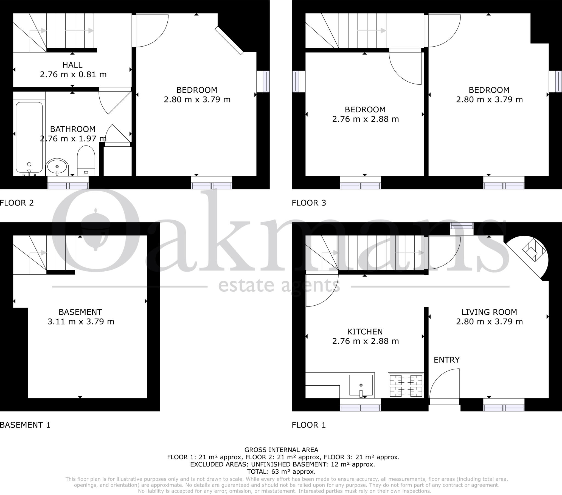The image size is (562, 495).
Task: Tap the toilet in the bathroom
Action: [86, 161]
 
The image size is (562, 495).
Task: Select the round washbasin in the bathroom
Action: [57, 167]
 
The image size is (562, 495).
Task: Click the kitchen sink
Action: [361, 385]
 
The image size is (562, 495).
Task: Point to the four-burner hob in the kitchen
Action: [406, 385]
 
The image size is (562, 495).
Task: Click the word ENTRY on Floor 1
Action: [446, 360]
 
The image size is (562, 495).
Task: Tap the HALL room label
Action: [72, 65]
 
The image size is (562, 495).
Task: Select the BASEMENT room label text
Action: [80, 312]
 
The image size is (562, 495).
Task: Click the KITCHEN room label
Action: [365, 332]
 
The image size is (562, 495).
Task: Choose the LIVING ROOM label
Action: [489, 312]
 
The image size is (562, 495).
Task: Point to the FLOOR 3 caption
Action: [309, 203]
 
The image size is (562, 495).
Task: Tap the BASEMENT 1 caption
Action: [25, 425]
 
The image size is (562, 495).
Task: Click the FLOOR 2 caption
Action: [17, 203]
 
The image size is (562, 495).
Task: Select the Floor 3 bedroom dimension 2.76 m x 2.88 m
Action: [366, 119]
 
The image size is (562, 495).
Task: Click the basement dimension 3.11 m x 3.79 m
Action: [81, 322]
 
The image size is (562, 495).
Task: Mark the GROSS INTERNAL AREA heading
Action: [281, 450]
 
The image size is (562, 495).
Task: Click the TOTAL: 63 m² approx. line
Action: [281, 472]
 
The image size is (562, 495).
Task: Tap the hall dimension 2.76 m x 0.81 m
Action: [73, 75]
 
